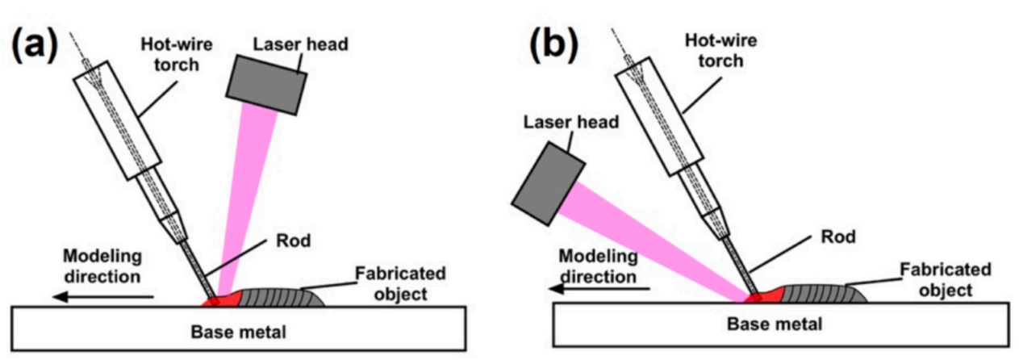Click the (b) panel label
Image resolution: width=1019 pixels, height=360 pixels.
[554, 46]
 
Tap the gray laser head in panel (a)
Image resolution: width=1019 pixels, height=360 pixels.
[266, 85]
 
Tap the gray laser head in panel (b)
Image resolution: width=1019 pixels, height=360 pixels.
[549, 183]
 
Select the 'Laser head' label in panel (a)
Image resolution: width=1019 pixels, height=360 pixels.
[300, 44]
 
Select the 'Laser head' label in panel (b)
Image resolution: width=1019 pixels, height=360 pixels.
[571, 122]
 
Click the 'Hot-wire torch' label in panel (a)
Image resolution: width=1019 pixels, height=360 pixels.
[177, 55]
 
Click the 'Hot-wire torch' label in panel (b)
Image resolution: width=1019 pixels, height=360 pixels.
[721, 51]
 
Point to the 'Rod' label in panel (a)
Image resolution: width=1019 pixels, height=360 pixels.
[294, 241]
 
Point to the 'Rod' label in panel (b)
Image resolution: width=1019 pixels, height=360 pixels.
[838, 237]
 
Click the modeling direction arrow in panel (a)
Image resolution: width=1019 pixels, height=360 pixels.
[103, 297]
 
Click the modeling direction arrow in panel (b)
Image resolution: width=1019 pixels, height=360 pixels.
[599, 288]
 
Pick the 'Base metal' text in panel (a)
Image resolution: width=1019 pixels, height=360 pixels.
[238, 332]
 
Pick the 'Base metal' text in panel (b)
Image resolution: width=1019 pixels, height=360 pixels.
[775, 324]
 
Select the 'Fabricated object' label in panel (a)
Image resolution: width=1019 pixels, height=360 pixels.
[400, 283]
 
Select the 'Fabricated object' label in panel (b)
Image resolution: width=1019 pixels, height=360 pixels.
[946, 280]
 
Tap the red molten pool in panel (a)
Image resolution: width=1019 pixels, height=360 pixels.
[223, 299]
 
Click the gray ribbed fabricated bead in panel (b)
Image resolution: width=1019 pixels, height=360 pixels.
[824, 294]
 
